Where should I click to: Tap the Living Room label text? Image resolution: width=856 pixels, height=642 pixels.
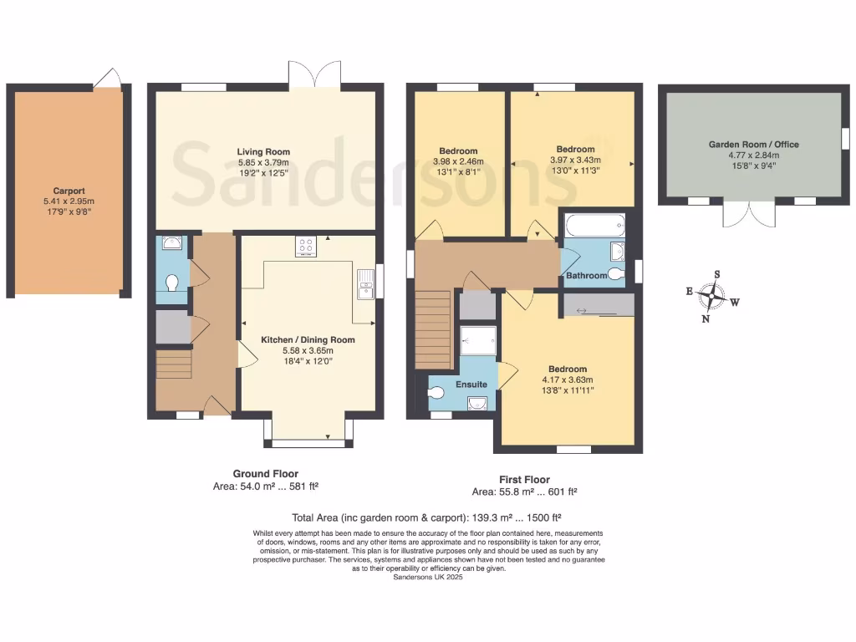point(263,151)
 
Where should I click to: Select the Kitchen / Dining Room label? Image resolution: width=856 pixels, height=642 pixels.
point(308,340)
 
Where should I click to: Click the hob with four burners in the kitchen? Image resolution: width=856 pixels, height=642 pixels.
point(306,247)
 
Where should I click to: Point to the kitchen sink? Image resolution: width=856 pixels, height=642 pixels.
point(364,284)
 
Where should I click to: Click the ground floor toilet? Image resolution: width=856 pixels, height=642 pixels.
point(173,283)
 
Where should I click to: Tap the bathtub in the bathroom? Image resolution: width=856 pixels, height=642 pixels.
point(593,225)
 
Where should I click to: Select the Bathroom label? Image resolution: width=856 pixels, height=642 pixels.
point(586,276)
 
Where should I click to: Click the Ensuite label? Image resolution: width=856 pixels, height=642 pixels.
point(471,385)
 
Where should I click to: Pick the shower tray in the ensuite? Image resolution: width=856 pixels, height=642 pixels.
point(478,339)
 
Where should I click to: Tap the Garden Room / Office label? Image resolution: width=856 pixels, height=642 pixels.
point(753,145)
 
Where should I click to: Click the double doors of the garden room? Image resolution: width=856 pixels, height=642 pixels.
point(750,213)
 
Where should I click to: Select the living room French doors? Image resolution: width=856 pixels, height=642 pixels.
point(314,73)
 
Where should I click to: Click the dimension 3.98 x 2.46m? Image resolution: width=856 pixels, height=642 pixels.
point(458,162)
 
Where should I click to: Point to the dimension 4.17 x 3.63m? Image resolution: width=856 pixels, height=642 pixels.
point(568,380)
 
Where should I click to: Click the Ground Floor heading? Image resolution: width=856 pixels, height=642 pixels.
point(265,474)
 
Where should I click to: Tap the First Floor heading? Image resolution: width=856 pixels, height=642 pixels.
point(524,480)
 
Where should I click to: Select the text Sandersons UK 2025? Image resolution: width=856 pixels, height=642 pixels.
point(427,577)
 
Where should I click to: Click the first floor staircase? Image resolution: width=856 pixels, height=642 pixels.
point(433,329)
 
